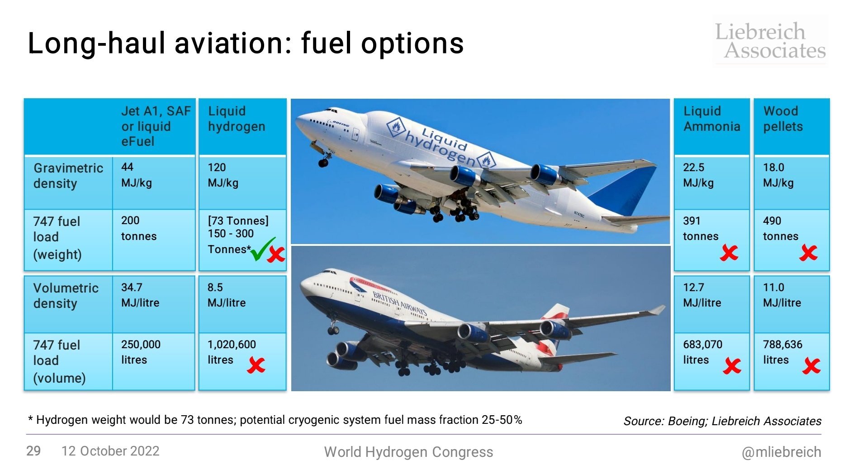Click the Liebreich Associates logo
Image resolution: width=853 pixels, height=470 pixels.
click(771, 40)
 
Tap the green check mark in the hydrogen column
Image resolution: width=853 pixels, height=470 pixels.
click(262, 249)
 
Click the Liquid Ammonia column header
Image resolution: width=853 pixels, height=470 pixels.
click(711, 126)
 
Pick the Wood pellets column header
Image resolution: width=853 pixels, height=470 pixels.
click(791, 126)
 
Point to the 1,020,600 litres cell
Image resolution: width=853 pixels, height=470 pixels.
click(242, 361)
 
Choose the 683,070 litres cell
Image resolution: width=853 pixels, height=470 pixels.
click(711, 361)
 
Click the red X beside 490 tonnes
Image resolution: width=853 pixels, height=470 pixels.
click(808, 253)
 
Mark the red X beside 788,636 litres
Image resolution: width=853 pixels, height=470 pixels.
click(811, 366)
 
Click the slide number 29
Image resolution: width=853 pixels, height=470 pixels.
click(33, 451)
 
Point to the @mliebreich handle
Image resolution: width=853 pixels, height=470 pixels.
click(782, 452)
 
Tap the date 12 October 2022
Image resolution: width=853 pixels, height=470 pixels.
click(110, 451)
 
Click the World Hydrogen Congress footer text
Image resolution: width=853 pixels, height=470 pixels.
click(408, 452)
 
